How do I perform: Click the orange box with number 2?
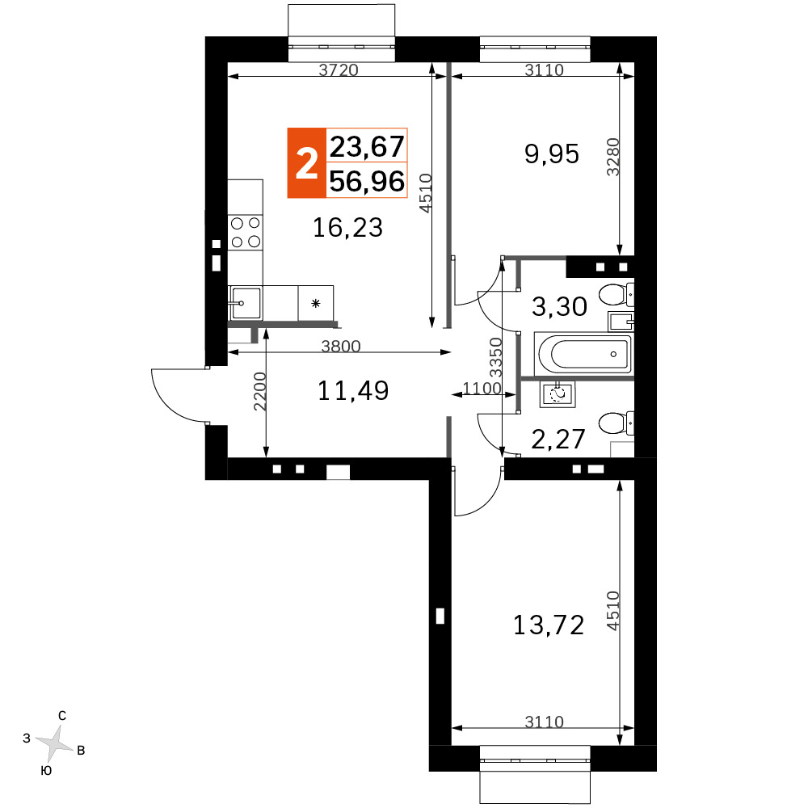(x=306, y=163)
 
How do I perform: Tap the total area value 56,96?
(x=367, y=181)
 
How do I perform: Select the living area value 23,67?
(x=367, y=146)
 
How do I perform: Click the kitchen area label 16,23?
(x=347, y=227)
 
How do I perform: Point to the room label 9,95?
(x=552, y=154)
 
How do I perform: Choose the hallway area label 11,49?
(x=353, y=390)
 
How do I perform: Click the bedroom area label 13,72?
(x=549, y=625)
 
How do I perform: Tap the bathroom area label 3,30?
(x=559, y=306)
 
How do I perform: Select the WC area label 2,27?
(x=558, y=440)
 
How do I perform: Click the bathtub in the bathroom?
(x=584, y=354)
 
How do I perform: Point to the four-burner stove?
(x=246, y=233)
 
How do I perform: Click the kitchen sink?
(x=246, y=303)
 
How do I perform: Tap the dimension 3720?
(x=338, y=69)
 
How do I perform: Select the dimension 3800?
(x=341, y=346)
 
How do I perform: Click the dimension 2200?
(x=259, y=392)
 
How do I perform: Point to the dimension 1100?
(x=482, y=388)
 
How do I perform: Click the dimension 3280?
(x=612, y=158)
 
